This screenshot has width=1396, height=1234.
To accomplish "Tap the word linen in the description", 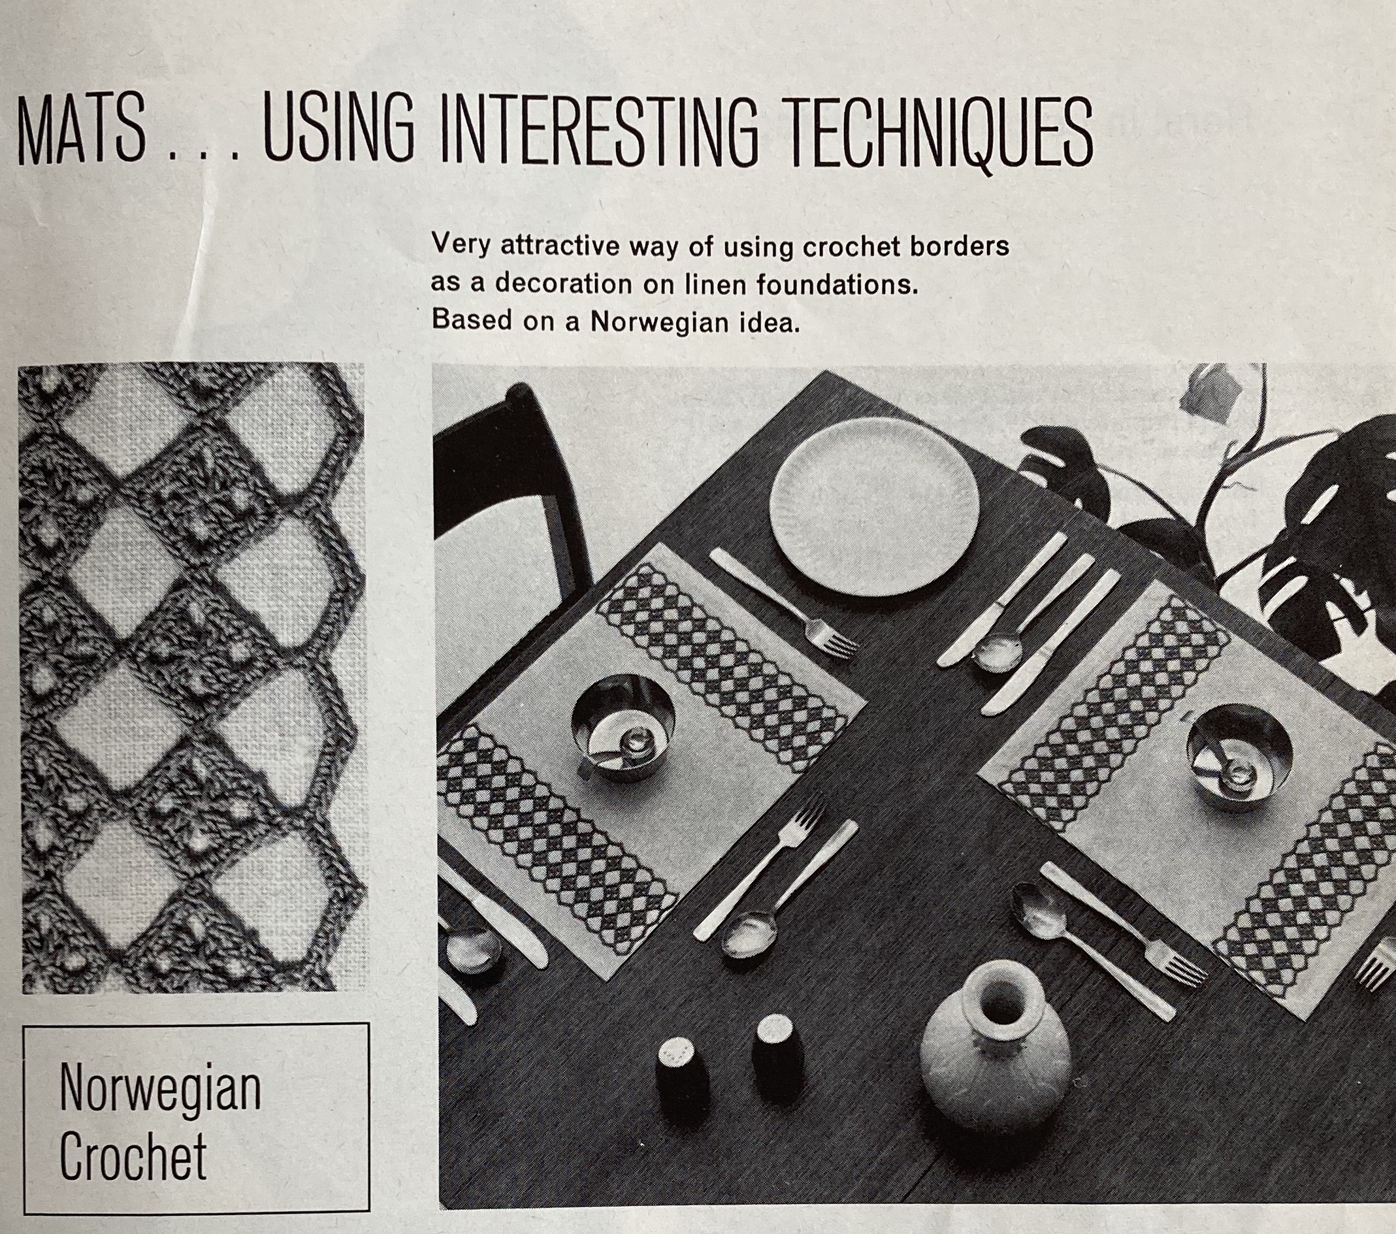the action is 708,284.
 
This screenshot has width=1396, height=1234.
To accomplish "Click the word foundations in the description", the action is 837,284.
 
